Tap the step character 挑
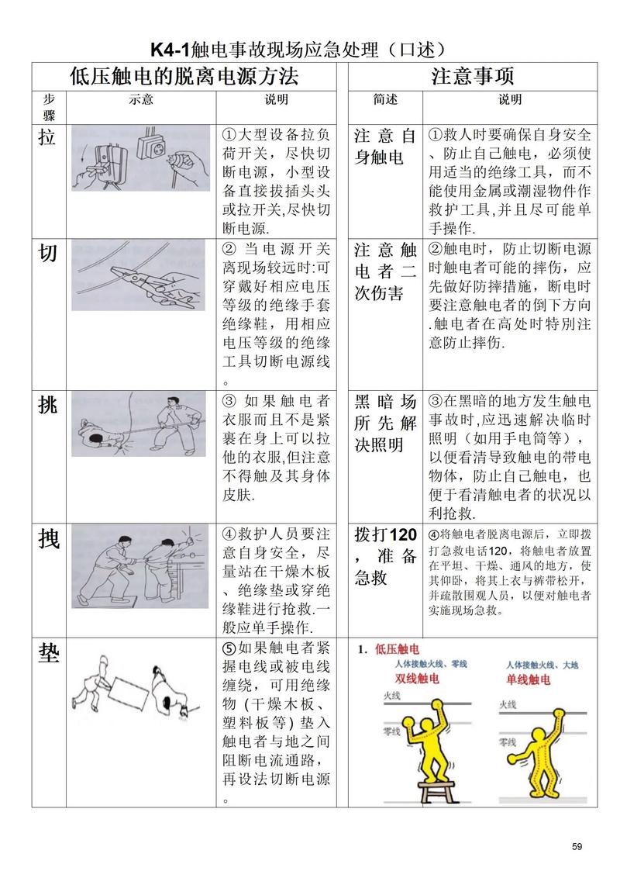pyautogui.click(x=48, y=404)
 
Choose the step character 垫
pyautogui.click(x=48, y=654)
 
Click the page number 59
pyautogui.click(x=576, y=845)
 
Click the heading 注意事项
pyautogui.click(x=472, y=76)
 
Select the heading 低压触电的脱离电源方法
pyautogui.click(x=184, y=76)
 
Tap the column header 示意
pyautogui.click(x=140, y=100)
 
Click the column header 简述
pyautogui.click(x=384, y=100)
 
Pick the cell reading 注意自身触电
pyautogui.click(x=385, y=147)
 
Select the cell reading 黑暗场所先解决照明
pyautogui.click(x=385, y=423)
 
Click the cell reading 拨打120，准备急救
pyautogui.click(x=385, y=557)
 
